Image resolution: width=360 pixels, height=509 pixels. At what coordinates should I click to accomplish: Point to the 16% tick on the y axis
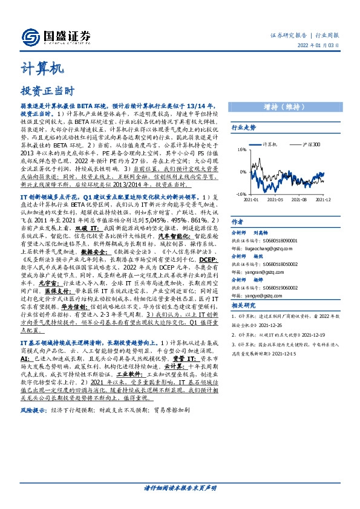point(241,149)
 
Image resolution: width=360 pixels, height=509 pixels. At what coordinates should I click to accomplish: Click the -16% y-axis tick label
point(241,194)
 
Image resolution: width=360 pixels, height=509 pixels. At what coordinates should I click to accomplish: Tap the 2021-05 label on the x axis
point(275,199)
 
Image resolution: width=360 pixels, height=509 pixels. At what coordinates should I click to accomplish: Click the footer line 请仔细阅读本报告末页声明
point(180,488)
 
